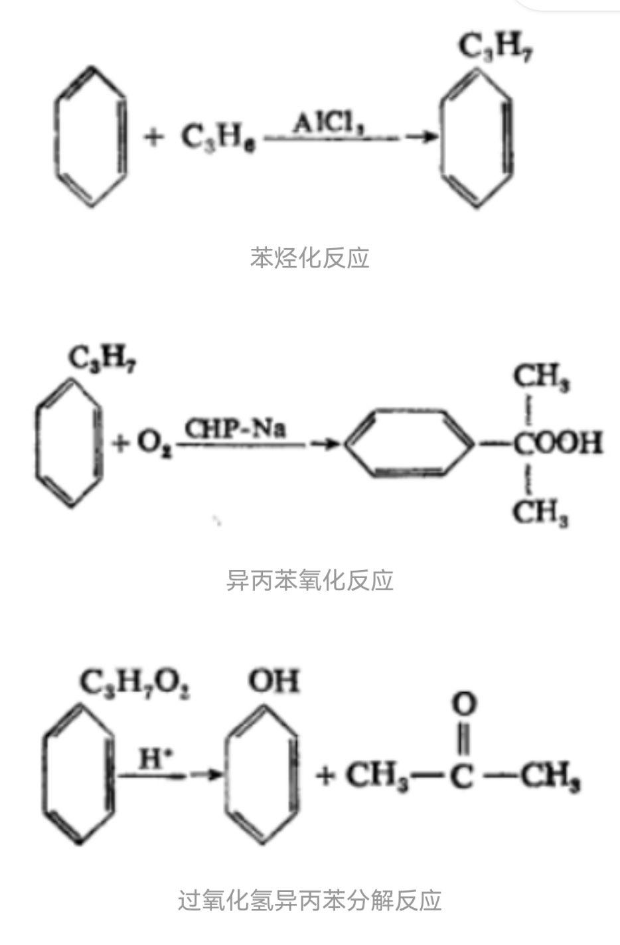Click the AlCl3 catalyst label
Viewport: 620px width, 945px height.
click(x=329, y=124)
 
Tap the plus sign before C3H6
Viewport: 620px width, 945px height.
click(x=153, y=138)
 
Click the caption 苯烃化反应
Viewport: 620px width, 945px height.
click(x=309, y=257)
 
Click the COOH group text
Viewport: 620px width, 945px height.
click(x=557, y=443)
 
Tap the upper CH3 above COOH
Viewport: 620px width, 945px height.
click(x=541, y=380)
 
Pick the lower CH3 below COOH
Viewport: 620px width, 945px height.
click(x=541, y=512)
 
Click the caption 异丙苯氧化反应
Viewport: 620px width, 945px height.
click(x=309, y=580)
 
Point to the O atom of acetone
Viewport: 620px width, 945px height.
click(x=464, y=704)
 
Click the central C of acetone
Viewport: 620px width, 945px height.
click(x=463, y=776)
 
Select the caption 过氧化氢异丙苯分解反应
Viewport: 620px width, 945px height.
click(x=309, y=901)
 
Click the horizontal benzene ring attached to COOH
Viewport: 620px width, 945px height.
click(x=410, y=443)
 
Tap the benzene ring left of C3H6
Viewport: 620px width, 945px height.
click(x=89, y=137)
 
